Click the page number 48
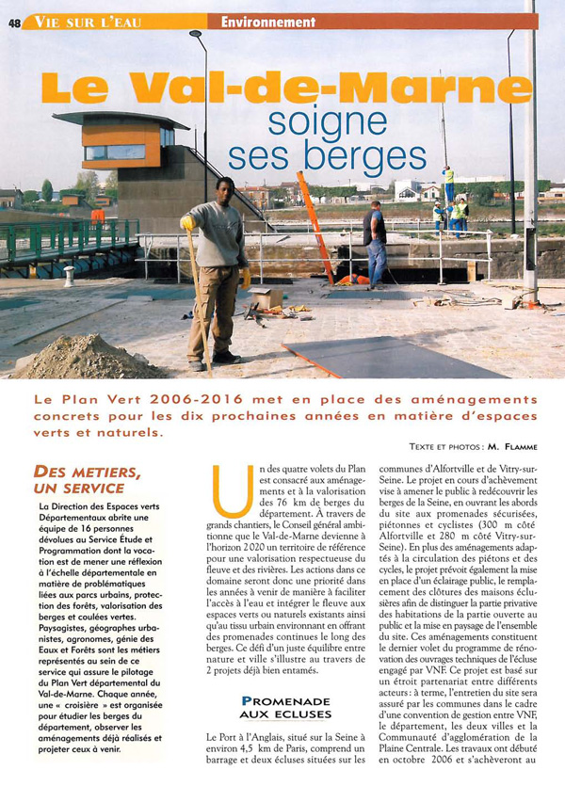pos(14,22)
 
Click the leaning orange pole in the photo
pos(315,226)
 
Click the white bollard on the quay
pos(69,276)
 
